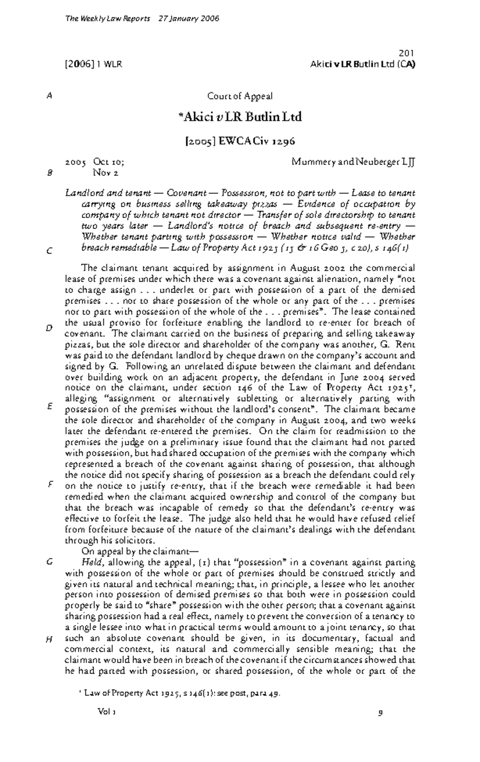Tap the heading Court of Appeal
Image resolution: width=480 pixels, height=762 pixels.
tap(240, 96)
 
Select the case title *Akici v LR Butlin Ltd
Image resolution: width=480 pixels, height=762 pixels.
tap(240, 117)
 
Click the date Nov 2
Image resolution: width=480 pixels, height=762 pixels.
tap(105, 173)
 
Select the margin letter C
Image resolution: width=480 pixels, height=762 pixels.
tap(49, 252)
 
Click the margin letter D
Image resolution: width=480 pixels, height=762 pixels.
tap(49, 328)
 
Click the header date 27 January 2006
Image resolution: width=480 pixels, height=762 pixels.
tap(189, 19)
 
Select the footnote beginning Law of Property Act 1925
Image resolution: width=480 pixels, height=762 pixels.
tap(180, 693)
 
